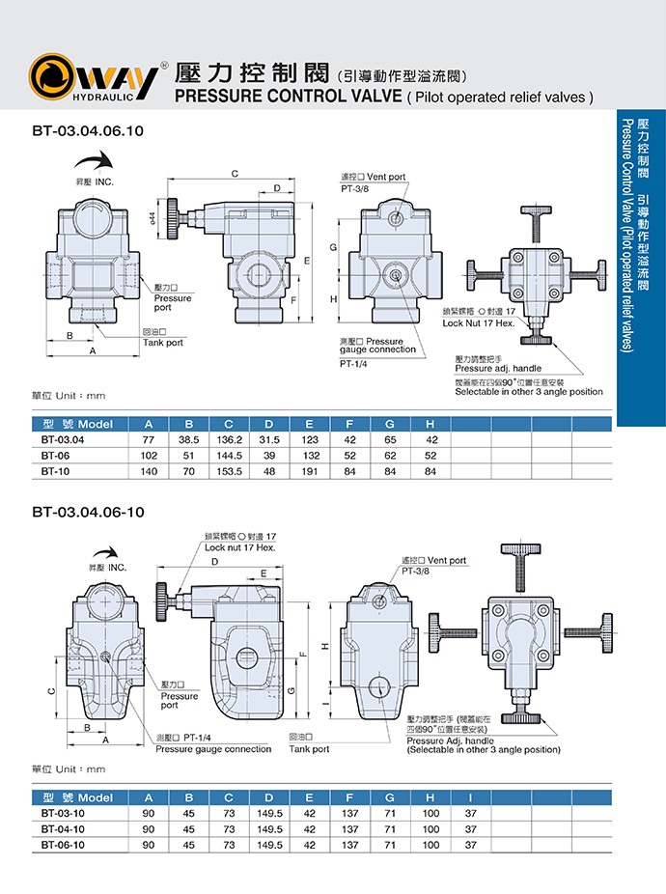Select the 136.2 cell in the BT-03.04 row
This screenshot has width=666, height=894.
(229, 439)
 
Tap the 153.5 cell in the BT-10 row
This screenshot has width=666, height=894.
(229, 472)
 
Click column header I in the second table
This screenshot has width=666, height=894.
(470, 797)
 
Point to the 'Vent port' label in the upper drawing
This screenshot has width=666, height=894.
(386, 178)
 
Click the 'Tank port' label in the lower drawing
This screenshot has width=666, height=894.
(309, 749)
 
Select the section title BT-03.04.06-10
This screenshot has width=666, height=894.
(88, 512)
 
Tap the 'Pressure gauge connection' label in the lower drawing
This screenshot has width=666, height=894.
(213, 749)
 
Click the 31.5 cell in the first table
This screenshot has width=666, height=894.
(269, 439)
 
